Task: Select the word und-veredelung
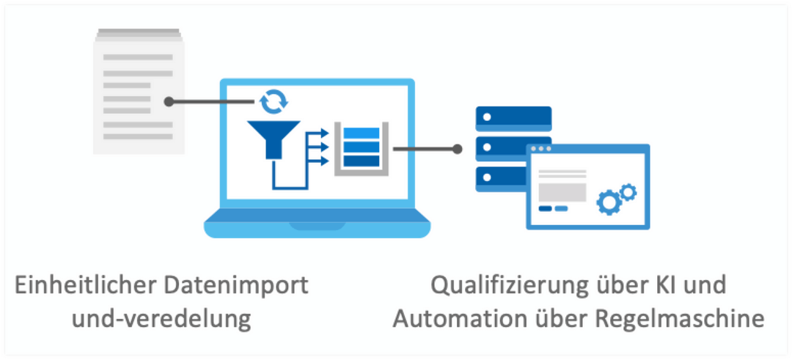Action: pyautogui.click(x=133, y=320)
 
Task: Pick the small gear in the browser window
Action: pyautogui.click(x=628, y=192)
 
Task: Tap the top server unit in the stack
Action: pyautogui.click(x=513, y=118)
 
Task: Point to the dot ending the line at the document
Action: pyautogui.click(x=169, y=102)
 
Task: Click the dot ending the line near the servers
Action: pyautogui.click(x=458, y=149)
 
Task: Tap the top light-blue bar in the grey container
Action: pyautogui.click(x=357, y=133)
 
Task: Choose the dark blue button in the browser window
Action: pyautogui.click(x=546, y=209)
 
